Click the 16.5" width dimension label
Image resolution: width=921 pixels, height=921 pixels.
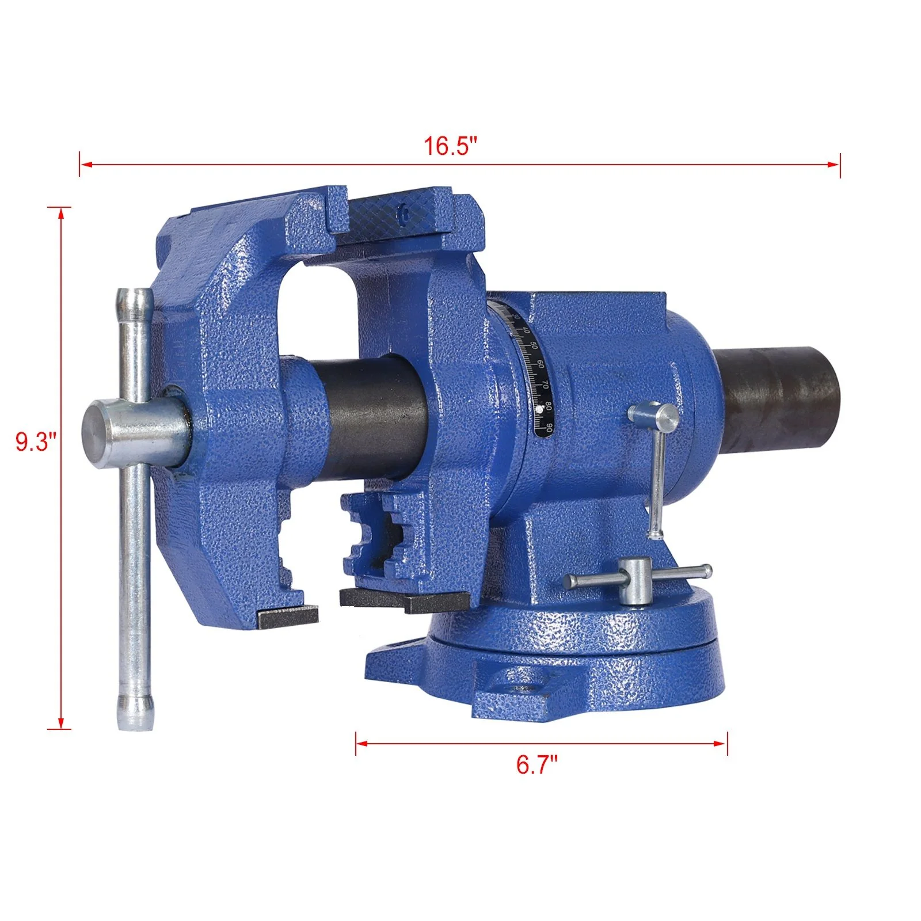click(x=451, y=146)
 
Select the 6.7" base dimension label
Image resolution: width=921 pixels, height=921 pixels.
click(x=536, y=766)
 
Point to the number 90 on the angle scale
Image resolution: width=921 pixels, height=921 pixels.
click(x=550, y=427)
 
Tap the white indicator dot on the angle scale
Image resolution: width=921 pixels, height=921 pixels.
click(x=539, y=409)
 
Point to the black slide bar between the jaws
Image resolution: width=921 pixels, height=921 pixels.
click(x=374, y=414)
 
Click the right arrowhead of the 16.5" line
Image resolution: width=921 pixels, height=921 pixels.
click(x=836, y=165)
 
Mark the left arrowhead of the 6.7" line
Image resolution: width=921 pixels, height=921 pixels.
click(x=360, y=743)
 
